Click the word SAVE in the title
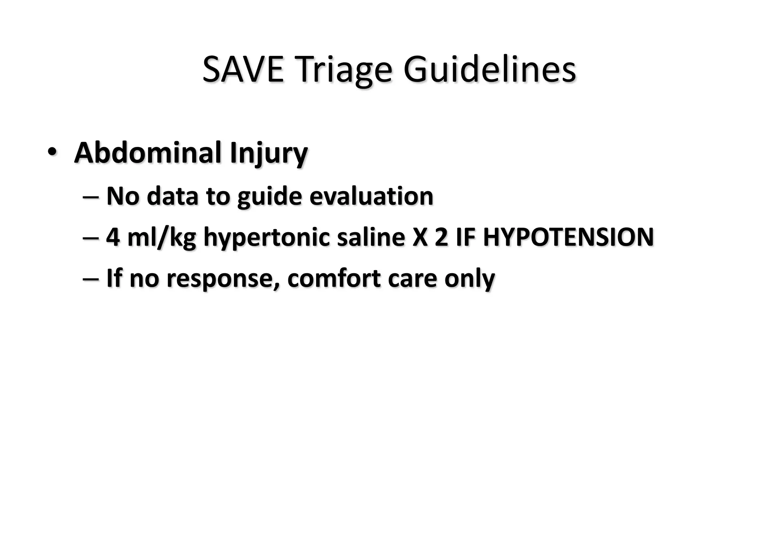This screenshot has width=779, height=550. pos(243,70)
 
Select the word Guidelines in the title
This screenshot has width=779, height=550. pos(489,70)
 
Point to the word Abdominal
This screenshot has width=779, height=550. pos(148,153)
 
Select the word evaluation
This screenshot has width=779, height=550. pos(371,196)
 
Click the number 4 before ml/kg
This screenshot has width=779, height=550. pos(113,237)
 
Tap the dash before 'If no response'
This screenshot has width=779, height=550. pos(91,279)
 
